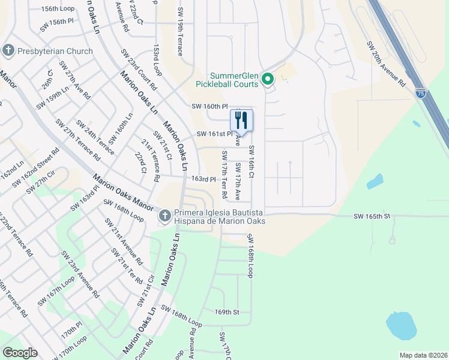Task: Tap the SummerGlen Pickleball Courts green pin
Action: [268, 79]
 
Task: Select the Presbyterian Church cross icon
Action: [8, 50]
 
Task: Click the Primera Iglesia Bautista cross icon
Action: [165, 215]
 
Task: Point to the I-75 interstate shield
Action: [421, 94]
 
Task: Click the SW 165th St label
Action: [372, 215]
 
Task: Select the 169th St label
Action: [227, 312]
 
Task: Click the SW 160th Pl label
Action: [210, 106]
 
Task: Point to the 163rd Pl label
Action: [203, 179]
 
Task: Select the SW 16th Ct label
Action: [252, 161]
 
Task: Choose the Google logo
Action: [20, 352]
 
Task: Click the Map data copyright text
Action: [423, 355]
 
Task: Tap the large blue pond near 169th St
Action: [401, 326]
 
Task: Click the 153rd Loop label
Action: [157, 59]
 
